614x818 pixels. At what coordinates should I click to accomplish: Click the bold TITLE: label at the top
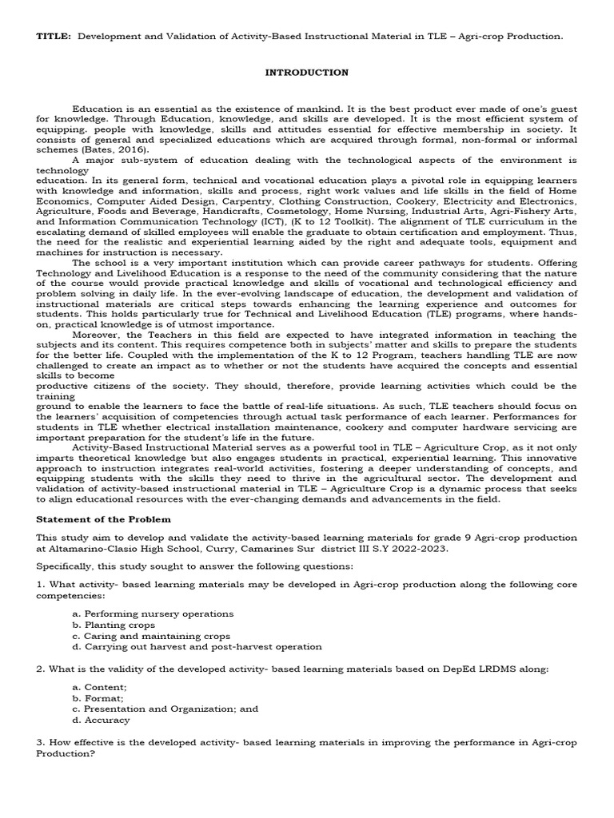click(x=54, y=37)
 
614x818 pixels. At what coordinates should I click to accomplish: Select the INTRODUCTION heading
click(x=306, y=73)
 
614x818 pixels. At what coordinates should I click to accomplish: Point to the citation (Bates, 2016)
click(x=106, y=149)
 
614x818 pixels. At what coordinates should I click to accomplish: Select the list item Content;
click(x=105, y=686)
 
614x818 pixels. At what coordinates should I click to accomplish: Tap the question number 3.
click(x=40, y=743)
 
